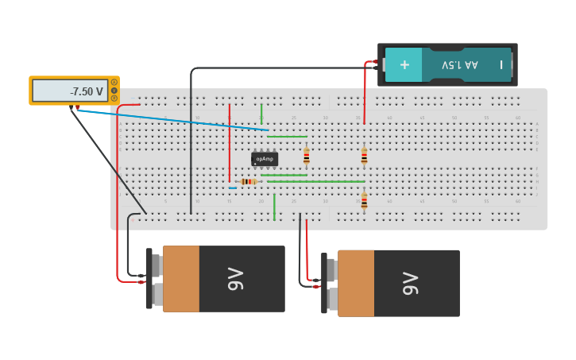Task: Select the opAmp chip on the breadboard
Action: (265, 159)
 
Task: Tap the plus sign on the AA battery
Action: (404, 64)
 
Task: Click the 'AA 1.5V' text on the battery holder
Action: (460, 64)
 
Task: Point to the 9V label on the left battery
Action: (235, 279)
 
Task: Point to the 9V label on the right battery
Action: (410, 284)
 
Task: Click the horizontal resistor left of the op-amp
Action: (249, 182)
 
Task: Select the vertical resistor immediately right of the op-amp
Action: (306, 156)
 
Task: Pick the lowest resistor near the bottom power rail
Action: (364, 201)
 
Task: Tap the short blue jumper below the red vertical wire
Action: (233, 188)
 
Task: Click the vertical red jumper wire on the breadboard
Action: (230, 143)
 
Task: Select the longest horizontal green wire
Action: (315, 182)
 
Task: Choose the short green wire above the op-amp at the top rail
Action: (261, 113)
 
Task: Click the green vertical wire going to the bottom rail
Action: (274, 207)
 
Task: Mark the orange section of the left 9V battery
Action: (181, 278)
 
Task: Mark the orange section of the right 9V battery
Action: (356, 283)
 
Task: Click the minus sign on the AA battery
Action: (501, 64)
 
